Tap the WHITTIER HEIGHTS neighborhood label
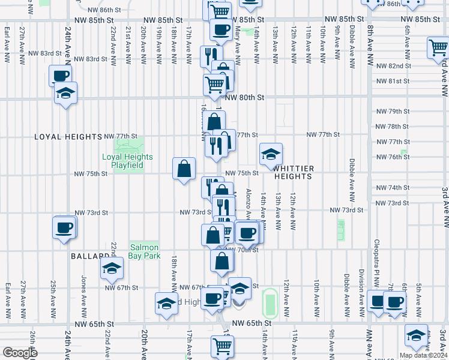(x=293, y=173)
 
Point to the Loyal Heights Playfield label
(x=127, y=161)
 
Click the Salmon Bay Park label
(x=145, y=251)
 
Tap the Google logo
(x=19, y=353)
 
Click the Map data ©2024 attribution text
(x=423, y=355)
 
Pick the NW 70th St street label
(x=242, y=250)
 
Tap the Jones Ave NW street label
(x=83, y=291)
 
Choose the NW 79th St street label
(x=392, y=112)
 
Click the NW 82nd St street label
(x=392, y=66)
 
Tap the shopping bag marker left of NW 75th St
(x=184, y=169)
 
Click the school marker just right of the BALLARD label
(x=111, y=269)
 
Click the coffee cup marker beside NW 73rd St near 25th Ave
(x=64, y=228)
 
